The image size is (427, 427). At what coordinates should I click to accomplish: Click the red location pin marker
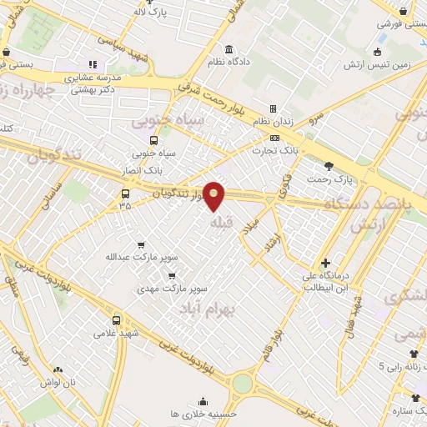coord(214,196)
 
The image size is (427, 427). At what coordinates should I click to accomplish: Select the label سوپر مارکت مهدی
coord(173,289)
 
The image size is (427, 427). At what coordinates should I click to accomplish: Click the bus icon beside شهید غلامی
coord(116,319)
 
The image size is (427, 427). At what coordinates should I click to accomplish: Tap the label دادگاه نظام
coord(230,63)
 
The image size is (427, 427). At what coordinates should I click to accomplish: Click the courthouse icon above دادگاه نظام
coord(229,49)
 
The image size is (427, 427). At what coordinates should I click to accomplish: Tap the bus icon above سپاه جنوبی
coord(153,140)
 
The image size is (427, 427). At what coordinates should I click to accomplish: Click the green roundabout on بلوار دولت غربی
coord(243,383)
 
